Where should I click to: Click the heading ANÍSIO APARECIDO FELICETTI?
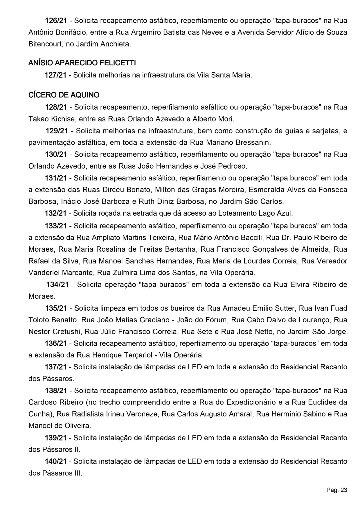pyautogui.click(x=82, y=63)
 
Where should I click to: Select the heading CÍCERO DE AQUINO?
pyautogui.click(x=64, y=95)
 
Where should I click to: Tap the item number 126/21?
pyautogui.click(x=56, y=21)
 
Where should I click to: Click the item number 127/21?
pyautogui.click(x=55, y=75)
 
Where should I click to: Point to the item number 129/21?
pyautogui.click(x=57, y=131)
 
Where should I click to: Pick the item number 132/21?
pyautogui.click(x=55, y=213)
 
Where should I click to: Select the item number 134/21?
pyautogui.click(x=57, y=284)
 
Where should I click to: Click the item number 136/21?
pyautogui.click(x=56, y=343)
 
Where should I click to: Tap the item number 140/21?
pyautogui.click(x=56, y=461)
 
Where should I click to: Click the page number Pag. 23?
pyautogui.click(x=337, y=490)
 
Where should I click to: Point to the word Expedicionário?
pyautogui.click(x=251, y=402)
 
